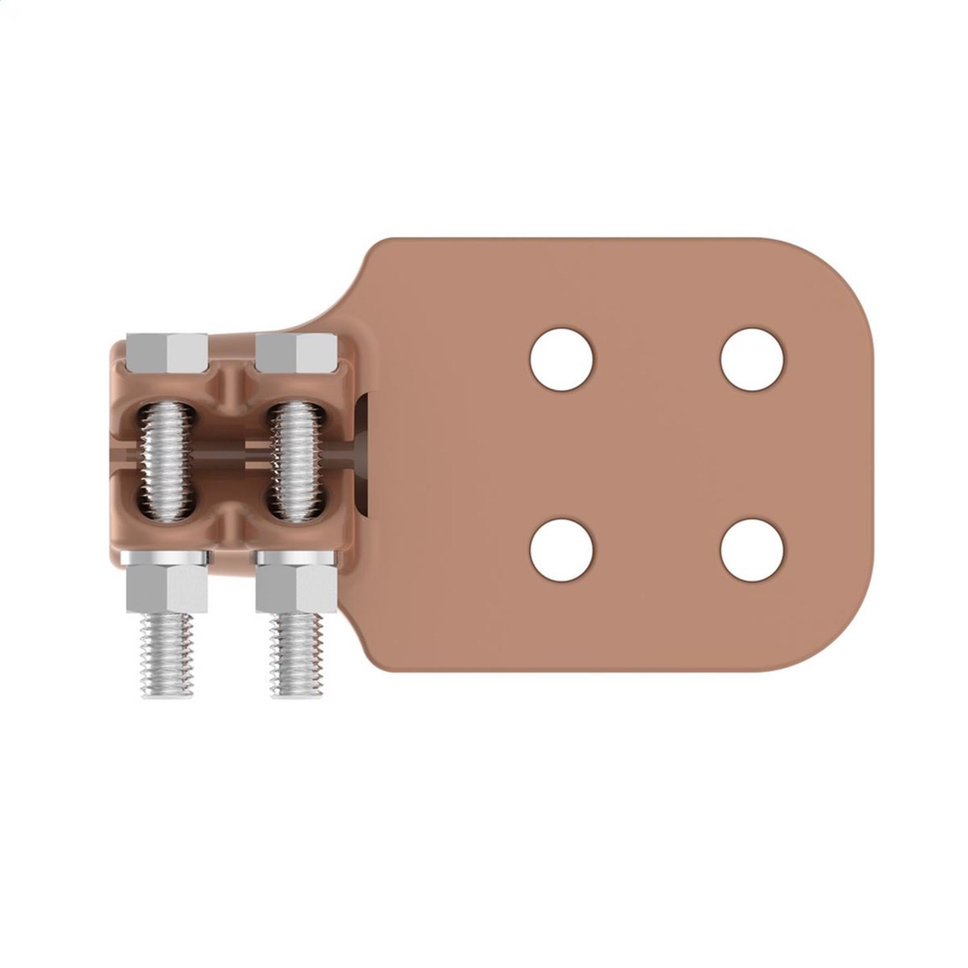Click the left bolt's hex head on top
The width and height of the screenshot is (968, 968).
tap(167, 348)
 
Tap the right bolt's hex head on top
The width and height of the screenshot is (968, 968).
tap(295, 348)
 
